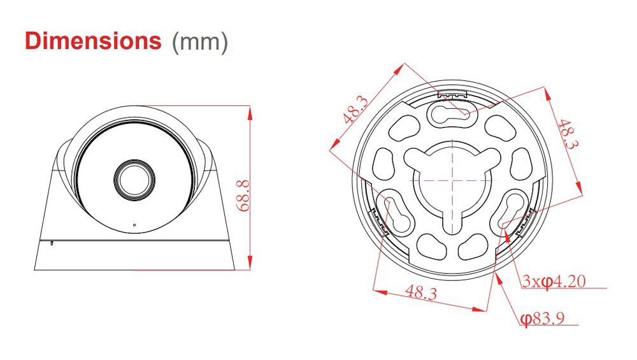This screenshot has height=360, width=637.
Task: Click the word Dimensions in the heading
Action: pyautogui.click(x=93, y=41)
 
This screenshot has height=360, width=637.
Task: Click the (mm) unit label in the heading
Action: pyautogui.click(x=199, y=42)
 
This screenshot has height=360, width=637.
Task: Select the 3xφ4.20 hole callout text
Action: pyautogui.click(x=554, y=281)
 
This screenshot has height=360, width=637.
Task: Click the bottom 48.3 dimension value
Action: pyautogui.click(x=422, y=292)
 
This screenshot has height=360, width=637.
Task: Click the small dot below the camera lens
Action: pyautogui.click(x=134, y=224)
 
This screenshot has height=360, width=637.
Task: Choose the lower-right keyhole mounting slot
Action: pyautogui.click(x=510, y=213)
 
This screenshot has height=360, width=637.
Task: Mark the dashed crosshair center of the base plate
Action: pyautogui.click(x=452, y=180)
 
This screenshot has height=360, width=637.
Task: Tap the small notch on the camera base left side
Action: pyautogui.click(x=52, y=242)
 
